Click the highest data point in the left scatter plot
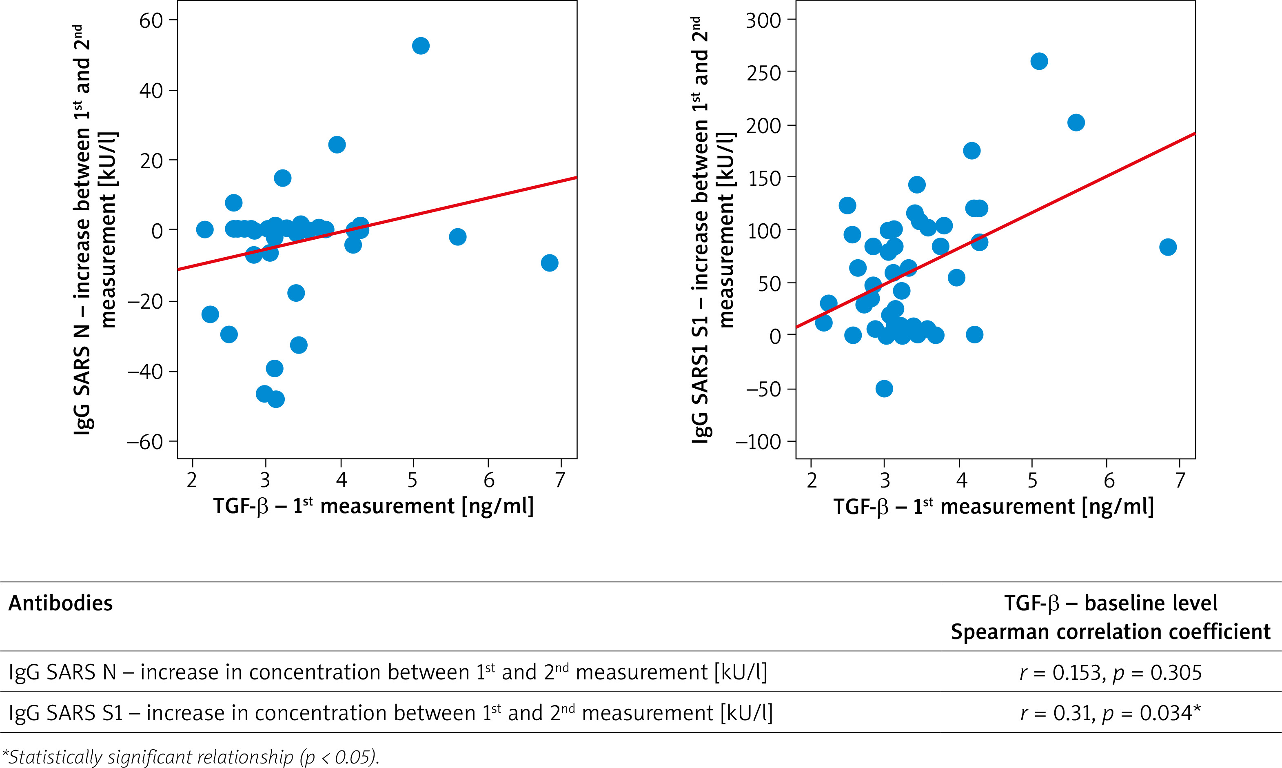point(420,46)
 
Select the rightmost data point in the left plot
point(549,263)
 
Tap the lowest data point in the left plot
point(276,399)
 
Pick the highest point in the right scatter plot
point(1039,62)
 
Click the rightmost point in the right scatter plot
point(1168,247)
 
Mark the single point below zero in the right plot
point(884,389)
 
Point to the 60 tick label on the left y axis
point(151,21)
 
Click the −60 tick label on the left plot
point(145,442)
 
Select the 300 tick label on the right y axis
point(763,21)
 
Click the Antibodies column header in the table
point(60,603)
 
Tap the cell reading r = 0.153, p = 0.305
point(1110,673)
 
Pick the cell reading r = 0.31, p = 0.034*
point(1110,713)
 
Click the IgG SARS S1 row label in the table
point(390,713)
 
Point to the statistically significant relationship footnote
point(190,757)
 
